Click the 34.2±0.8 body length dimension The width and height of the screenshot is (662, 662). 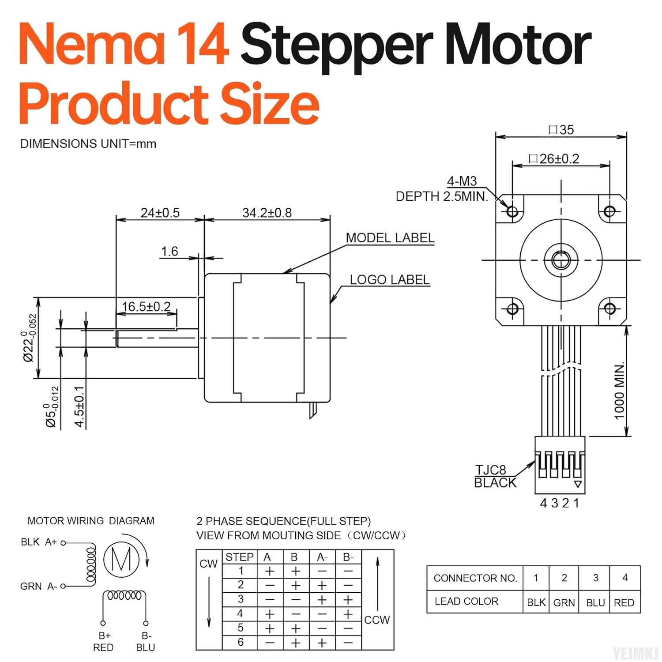pos(267,213)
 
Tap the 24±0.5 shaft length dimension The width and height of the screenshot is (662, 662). pos(160,213)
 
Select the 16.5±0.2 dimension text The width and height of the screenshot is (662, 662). pos(146,306)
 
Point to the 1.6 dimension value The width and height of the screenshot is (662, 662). pos(169,251)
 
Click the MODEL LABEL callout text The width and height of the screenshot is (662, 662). pos(390,238)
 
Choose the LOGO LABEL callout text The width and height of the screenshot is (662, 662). pos(389,280)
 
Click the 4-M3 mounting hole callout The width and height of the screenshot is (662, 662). pos(462,181)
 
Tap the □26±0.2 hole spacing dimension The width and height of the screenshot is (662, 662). pos(554,159)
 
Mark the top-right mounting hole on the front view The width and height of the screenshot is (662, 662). pos(609,211)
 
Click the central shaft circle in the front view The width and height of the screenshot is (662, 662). pos(561,260)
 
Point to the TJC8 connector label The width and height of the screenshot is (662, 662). pos(490,470)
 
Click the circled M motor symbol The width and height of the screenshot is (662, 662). pos(121,560)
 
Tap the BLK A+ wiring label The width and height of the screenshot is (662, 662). pos(39,542)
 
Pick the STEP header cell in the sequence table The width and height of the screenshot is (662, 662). pos(240,557)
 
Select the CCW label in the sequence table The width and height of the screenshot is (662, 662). pos(377,620)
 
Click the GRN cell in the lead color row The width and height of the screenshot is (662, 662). pos(564,602)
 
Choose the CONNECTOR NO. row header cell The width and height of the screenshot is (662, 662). pos(475,578)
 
